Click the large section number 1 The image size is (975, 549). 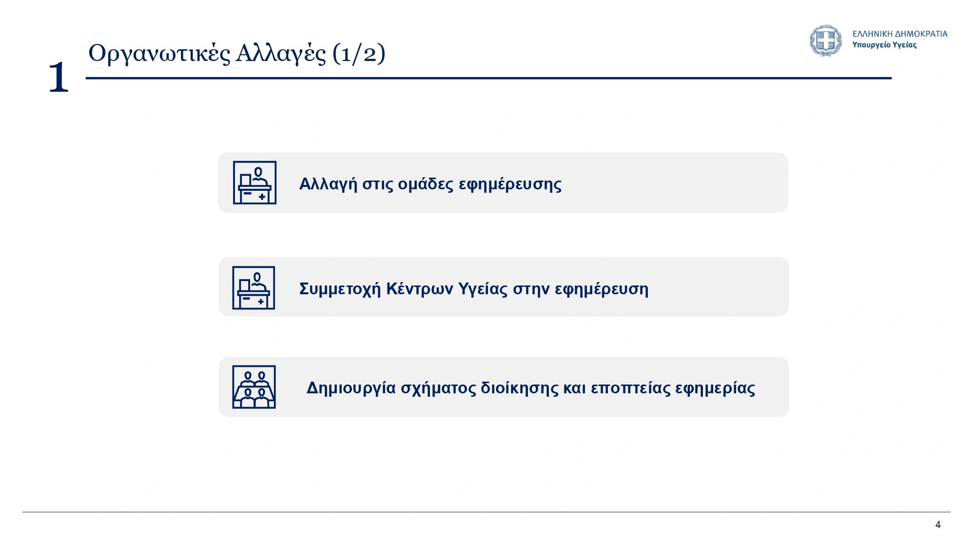(58, 77)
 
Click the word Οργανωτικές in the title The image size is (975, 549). (159, 54)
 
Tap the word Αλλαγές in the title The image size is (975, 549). (281, 54)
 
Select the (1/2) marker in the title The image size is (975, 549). (359, 53)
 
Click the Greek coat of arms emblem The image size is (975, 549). (826, 41)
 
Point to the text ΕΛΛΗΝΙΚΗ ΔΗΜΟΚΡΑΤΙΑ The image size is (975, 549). (900, 34)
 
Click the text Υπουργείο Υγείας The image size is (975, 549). (884, 45)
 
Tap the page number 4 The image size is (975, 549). (938, 525)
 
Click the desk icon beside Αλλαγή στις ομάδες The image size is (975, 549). (254, 183)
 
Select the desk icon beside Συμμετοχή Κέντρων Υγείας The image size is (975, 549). (253, 287)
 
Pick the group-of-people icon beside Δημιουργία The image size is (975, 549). (254, 387)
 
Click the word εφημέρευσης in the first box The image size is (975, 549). (510, 184)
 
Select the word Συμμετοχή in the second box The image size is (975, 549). (340, 289)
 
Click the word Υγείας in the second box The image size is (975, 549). (484, 289)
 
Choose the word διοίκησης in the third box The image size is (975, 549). (519, 388)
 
